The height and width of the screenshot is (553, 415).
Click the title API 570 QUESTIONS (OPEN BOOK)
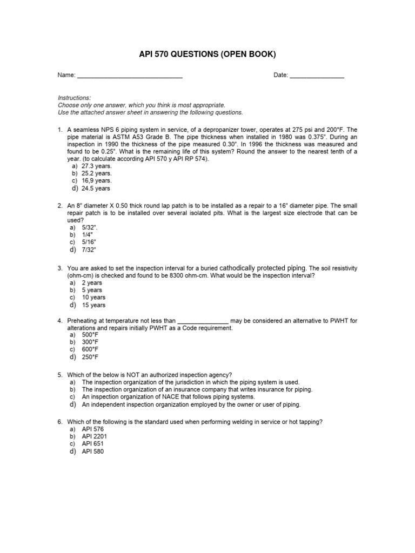coord(207,55)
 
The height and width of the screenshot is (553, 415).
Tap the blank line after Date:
coord(317,76)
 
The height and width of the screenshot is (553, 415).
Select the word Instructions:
coord(75,98)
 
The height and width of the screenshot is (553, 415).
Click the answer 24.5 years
coord(96,188)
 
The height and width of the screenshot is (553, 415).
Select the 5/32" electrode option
coord(90,228)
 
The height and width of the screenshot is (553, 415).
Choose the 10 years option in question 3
coord(93,298)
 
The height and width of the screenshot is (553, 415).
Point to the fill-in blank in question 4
coord(203,321)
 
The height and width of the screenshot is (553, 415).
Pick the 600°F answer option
coord(90,349)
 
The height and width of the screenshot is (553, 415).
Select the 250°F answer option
coord(90,357)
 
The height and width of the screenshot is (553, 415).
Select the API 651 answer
coord(92,444)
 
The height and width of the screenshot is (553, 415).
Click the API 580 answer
coord(92,451)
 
